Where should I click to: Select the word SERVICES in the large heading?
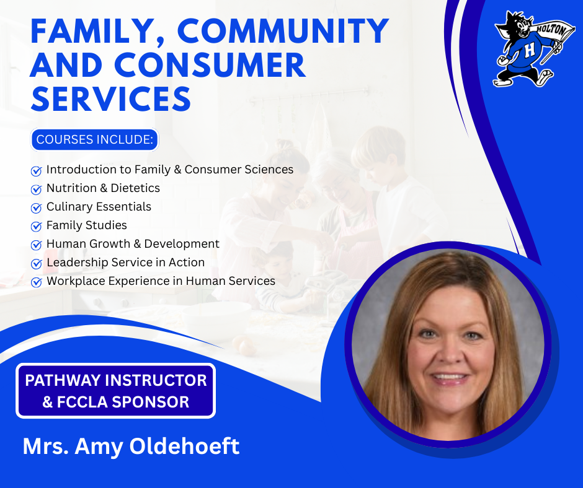pos(110,98)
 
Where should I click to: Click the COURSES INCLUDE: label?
pos(95,140)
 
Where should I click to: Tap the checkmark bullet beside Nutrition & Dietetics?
pos(36,189)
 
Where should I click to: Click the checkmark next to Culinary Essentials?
pos(36,207)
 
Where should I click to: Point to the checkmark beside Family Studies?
pos(36,226)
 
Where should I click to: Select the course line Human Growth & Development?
pos(133,244)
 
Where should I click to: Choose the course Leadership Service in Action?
pos(125,263)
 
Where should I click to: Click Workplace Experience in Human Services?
pos(161,281)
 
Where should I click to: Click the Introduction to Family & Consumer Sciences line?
pos(169,170)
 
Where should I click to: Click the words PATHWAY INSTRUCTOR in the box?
pos(116,380)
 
